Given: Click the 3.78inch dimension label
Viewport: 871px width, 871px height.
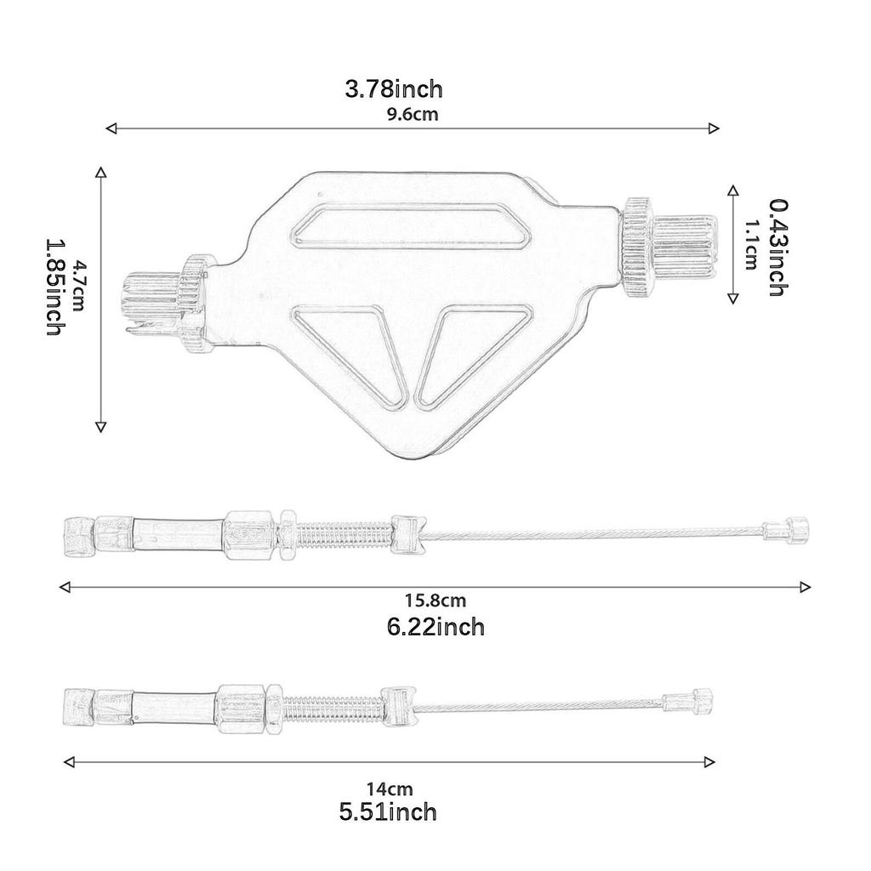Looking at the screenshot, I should pyautogui.click(x=393, y=88).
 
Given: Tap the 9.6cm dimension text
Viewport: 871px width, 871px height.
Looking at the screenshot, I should pyautogui.click(x=412, y=115).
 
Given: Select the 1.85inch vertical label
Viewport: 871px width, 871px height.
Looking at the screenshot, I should pyautogui.click(x=54, y=287).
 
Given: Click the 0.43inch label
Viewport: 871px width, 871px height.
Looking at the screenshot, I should pyautogui.click(x=775, y=248).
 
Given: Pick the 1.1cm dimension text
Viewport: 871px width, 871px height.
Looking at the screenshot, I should pyautogui.click(x=751, y=245).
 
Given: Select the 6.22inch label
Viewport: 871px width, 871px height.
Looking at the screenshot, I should pyautogui.click(x=435, y=628).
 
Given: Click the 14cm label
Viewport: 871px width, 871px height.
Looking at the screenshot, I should pyautogui.click(x=389, y=788).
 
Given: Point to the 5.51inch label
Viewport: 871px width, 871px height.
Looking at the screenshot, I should pyautogui.click(x=388, y=812).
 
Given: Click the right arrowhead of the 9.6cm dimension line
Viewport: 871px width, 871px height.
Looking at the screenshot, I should pyautogui.click(x=713, y=128).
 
